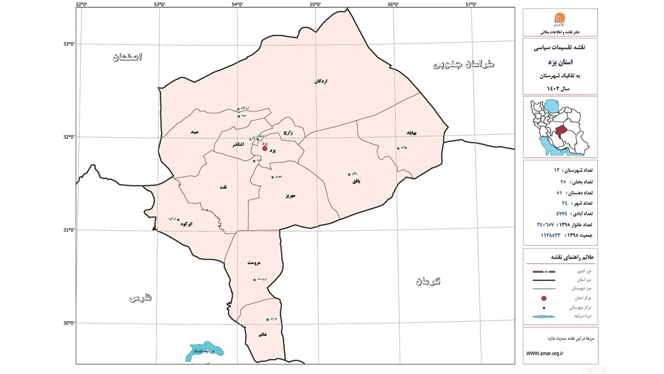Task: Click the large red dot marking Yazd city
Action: coord(265,148)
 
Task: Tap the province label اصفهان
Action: coord(127,57)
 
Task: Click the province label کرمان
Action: coord(427,281)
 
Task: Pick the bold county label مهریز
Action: coord(289,196)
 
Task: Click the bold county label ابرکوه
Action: coord(186,224)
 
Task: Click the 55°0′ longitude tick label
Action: coord(315,5)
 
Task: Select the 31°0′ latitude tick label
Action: coord(69,230)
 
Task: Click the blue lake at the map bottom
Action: coord(206,351)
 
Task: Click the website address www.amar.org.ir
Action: coord(545,353)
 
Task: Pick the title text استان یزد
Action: coord(560,62)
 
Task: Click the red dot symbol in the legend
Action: coord(544,298)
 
